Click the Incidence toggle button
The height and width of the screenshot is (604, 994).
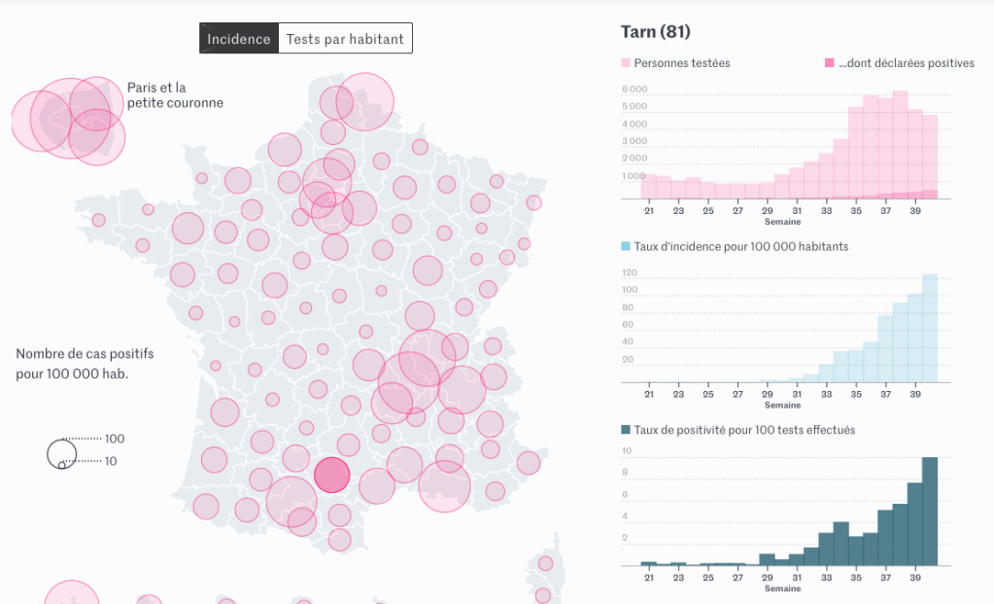(x=238, y=39)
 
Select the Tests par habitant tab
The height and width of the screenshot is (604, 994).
(x=345, y=39)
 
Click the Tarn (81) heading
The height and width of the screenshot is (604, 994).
(x=656, y=32)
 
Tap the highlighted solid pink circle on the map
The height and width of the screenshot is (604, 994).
(x=331, y=476)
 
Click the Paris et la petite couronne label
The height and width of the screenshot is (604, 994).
(x=175, y=95)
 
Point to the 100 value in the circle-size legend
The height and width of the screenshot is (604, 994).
(x=115, y=439)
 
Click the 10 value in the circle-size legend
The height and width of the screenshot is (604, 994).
(x=111, y=461)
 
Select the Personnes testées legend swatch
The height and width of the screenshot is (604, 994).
(x=627, y=63)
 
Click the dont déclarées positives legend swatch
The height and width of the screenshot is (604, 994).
(x=829, y=63)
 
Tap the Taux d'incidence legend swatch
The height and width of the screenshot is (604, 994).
(x=627, y=246)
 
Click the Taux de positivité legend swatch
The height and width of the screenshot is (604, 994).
(x=627, y=429)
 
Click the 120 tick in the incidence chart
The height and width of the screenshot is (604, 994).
(x=630, y=272)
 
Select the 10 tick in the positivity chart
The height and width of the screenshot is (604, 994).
(x=628, y=451)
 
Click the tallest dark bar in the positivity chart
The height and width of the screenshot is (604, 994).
(x=930, y=511)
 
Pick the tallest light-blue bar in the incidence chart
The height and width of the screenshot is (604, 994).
(x=930, y=328)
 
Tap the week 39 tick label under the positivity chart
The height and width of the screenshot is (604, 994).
(x=915, y=579)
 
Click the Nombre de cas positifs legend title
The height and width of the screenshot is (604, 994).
(x=85, y=364)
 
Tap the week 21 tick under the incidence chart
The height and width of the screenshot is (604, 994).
(x=648, y=394)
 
